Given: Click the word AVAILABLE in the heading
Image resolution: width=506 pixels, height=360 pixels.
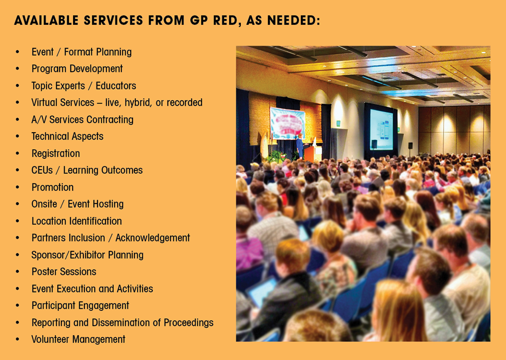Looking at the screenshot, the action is (x=46, y=20).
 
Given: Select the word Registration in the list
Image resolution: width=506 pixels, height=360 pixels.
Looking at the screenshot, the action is (x=55, y=153).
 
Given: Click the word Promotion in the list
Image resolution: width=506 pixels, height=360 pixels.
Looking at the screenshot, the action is (x=52, y=187).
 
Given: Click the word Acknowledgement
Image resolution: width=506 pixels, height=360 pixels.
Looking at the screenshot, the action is (x=153, y=238).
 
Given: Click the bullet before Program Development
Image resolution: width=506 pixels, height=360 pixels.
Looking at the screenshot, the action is (x=17, y=69).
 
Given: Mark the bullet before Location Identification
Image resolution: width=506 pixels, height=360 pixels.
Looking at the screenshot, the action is (x=17, y=221).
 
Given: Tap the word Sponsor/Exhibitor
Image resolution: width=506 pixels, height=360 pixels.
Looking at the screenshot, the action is (x=68, y=255).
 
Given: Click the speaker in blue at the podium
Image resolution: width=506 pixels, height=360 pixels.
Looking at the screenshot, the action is (x=300, y=146).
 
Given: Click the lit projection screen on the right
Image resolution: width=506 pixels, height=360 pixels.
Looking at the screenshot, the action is (x=381, y=130).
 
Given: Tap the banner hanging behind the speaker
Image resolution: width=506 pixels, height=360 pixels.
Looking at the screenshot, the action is (x=287, y=123).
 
